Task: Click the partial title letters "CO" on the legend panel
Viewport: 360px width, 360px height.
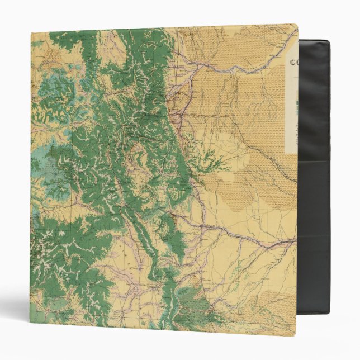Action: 292,63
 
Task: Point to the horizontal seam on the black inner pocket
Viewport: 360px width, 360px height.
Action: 315,160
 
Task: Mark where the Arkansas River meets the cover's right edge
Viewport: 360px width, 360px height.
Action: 295,241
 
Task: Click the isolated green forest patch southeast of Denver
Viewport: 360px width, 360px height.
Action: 210,159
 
